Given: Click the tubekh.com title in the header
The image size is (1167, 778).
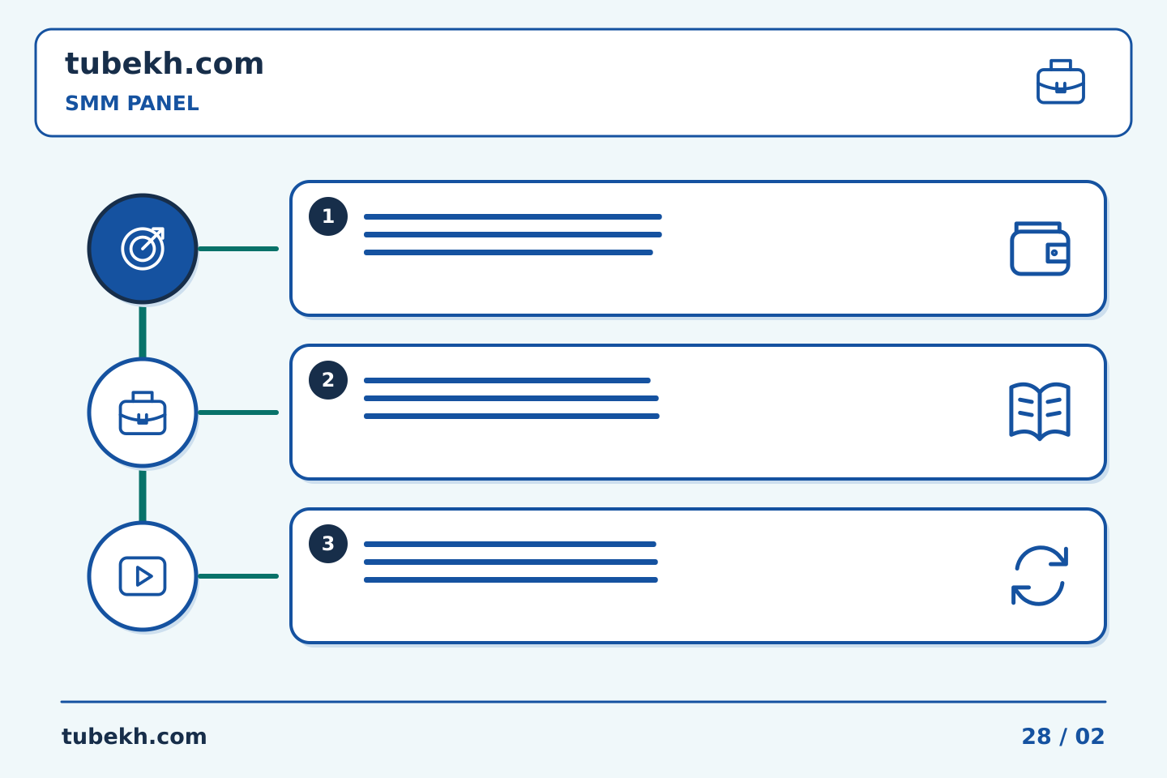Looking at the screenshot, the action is click(164, 63).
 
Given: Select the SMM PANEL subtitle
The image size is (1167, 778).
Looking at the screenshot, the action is click(132, 103).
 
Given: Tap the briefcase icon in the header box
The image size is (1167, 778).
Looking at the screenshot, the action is click(1060, 82).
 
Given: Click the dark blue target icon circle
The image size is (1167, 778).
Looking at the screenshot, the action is click(143, 249).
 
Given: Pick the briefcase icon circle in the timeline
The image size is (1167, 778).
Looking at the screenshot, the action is click(143, 413).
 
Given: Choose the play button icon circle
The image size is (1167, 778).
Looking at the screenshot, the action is click(143, 576).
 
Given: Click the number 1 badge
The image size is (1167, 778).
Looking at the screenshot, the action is click(328, 216).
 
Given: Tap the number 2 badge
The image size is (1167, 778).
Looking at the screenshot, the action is click(328, 380).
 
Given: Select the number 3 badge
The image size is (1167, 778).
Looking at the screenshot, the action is click(328, 544).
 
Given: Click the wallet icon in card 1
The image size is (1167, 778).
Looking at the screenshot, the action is click(1040, 249).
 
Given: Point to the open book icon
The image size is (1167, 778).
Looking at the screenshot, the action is click(1040, 412).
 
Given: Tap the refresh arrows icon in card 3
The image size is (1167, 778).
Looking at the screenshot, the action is click(1040, 576).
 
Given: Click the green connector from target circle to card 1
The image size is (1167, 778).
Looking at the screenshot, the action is click(238, 249).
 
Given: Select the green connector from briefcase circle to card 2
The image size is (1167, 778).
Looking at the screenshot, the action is click(238, 413).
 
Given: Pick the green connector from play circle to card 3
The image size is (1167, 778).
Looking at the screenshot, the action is click(238, 576).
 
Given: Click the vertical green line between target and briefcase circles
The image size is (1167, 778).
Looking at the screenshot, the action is click(143, 331).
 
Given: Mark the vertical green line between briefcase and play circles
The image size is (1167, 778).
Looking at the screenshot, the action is click(143, 495).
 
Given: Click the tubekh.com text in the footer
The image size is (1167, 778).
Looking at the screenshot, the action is click(134, 737).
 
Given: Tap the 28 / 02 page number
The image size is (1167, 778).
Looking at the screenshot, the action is click(1062, 737).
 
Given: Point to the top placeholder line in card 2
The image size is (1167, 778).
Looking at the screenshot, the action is click(507, 380).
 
